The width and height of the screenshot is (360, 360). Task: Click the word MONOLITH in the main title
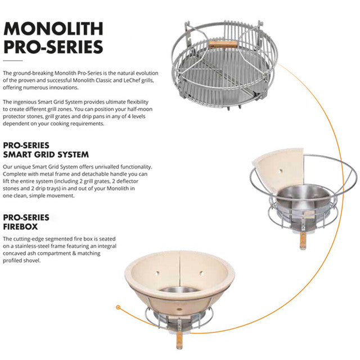[53, 29]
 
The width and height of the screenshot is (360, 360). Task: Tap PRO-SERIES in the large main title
[53, 46]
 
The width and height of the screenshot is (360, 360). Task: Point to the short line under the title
[12, 61]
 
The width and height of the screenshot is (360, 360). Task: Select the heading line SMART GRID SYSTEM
[46, 154]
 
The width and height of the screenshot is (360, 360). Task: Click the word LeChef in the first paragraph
[115, 80]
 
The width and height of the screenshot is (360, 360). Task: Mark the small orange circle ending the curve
[118, 308]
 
